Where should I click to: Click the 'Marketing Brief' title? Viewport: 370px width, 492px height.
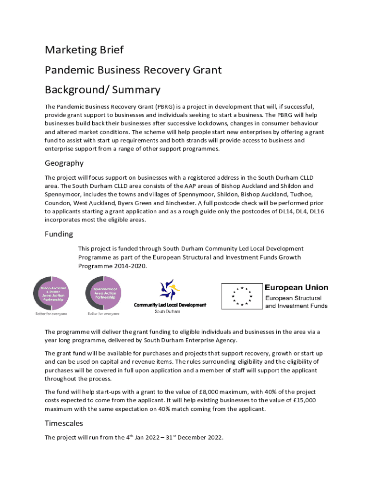coord(84,50)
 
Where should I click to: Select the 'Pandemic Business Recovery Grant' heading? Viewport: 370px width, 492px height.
coord(133,70)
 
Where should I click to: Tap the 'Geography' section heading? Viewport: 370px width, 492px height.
coord(64,163)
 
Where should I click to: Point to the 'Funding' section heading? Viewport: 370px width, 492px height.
coord(59,234)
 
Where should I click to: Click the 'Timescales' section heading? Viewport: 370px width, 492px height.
coord(64,423)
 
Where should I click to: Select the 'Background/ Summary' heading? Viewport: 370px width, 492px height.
coord(102,90)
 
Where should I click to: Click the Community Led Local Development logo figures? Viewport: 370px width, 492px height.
coord(170,290)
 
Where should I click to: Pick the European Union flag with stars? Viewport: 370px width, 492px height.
coord(241,296)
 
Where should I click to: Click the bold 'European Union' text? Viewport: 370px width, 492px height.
coord(296,287)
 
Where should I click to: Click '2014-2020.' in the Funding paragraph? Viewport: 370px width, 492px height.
coord(131,266)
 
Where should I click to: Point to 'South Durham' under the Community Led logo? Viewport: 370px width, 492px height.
coord(167,311)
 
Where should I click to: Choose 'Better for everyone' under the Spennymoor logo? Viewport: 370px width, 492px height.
coord(104,314)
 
